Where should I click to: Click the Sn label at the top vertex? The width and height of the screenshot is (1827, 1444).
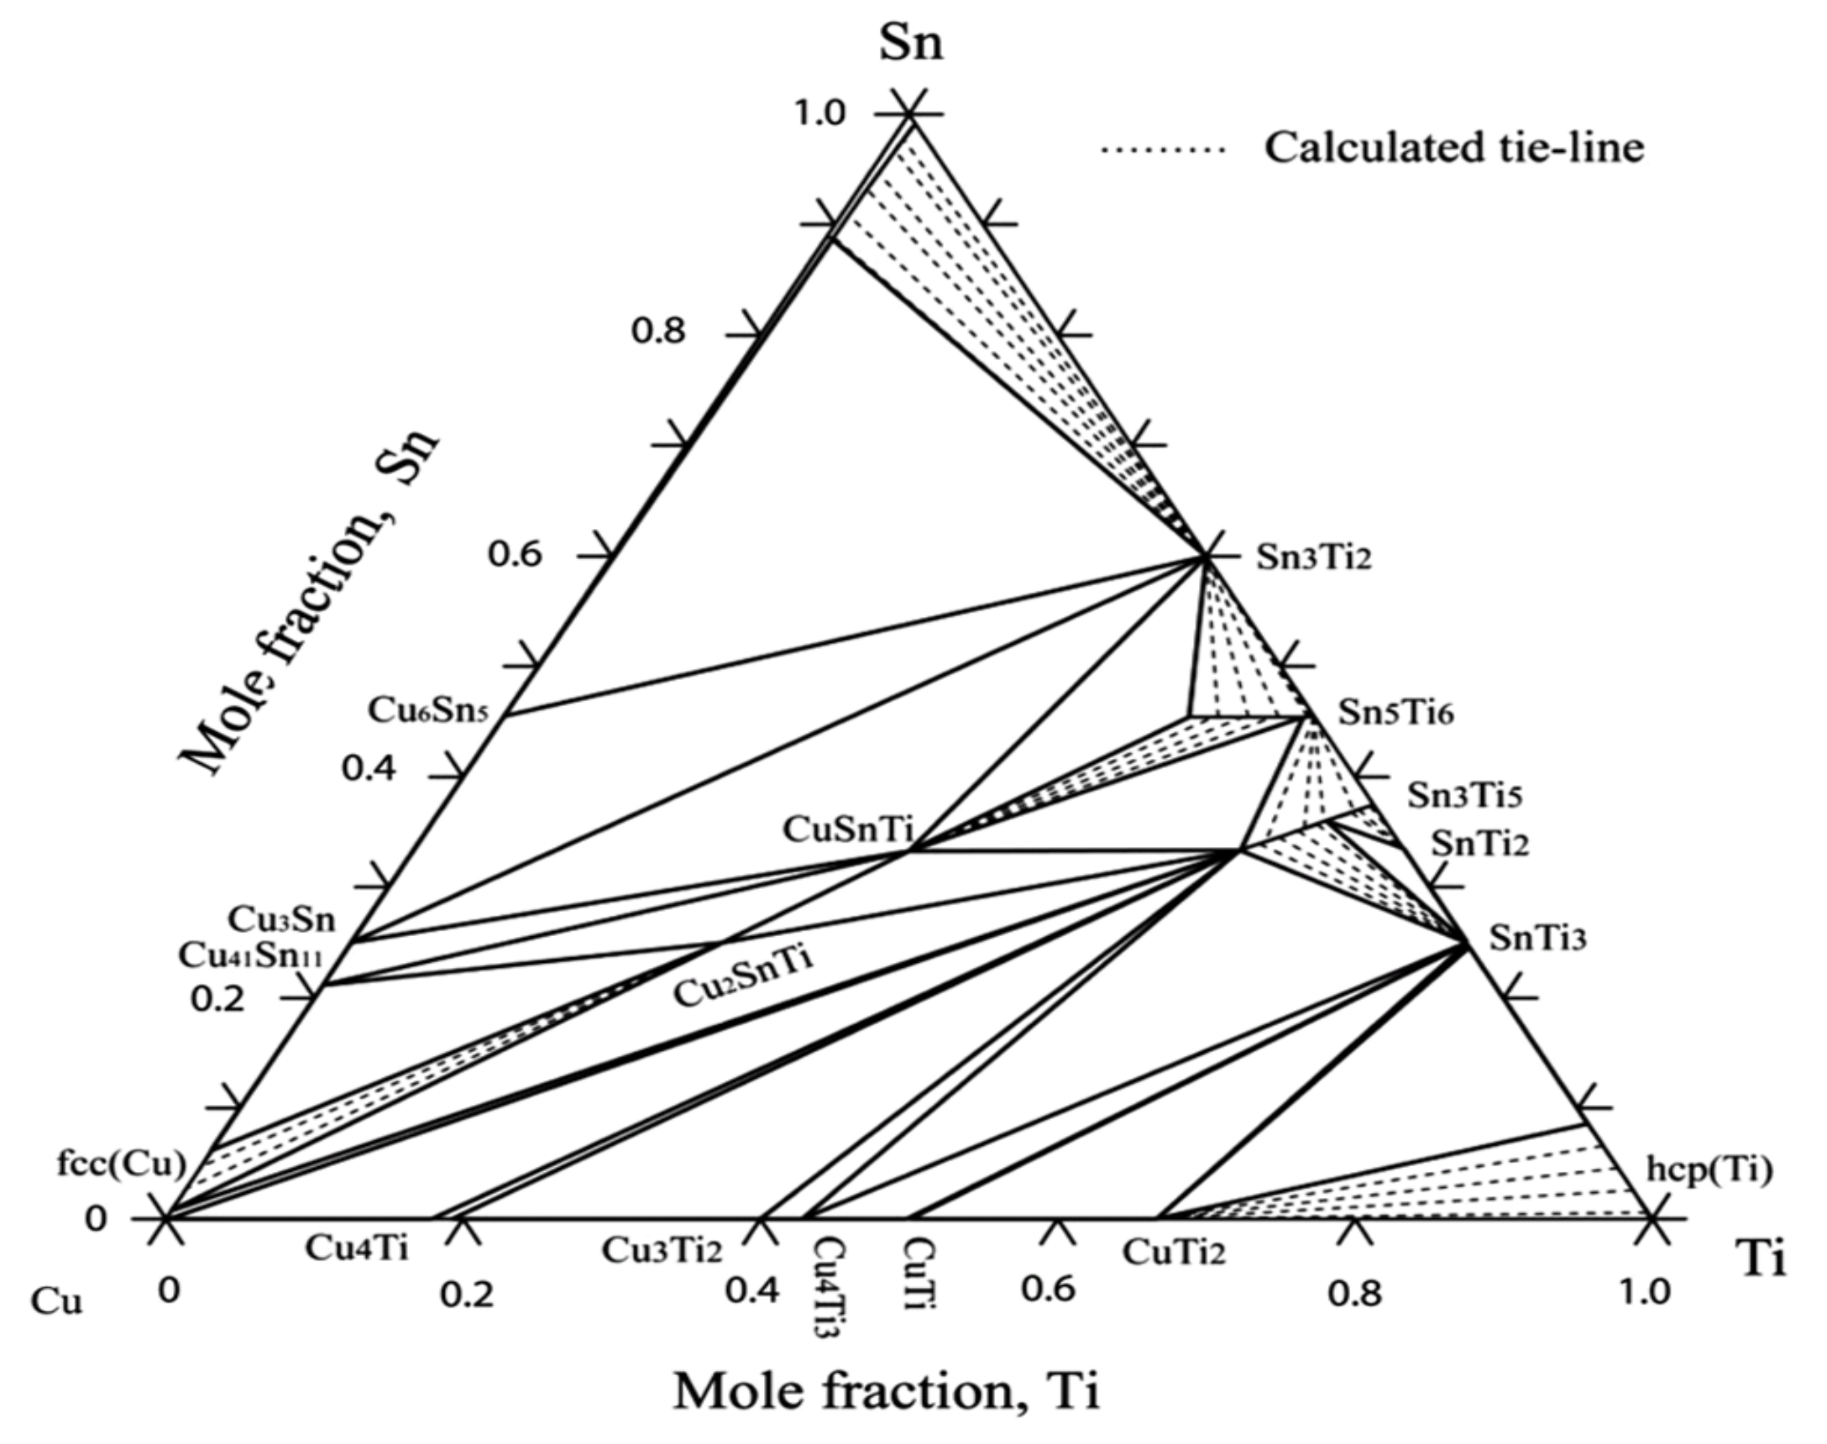(x=910, y=44)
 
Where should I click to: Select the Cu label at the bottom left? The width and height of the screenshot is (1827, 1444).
(x=57, y=1302)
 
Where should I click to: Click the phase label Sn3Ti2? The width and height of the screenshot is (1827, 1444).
(x=1314, y=558)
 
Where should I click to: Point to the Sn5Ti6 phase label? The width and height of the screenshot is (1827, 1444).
(x=1395, y=714)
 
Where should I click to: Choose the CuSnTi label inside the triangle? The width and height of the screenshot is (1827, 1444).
(x=847, y=829)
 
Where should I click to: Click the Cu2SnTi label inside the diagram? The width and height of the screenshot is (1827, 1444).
(x=743, y=979)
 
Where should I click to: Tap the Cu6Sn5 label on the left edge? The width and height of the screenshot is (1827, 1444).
(x=428, y=711)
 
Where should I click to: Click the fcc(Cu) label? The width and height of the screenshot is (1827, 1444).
(x=121, y=1164)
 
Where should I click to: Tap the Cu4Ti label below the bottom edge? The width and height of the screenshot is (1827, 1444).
(x=356, y=1248)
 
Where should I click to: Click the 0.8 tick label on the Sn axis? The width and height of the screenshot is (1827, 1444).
(x=658, y=332)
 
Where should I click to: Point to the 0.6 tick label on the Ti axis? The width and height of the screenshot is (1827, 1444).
(x=1049, y=1290)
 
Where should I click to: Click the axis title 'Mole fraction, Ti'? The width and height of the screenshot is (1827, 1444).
(x=887, y=1391)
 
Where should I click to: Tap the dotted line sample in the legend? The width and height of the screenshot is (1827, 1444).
(x=1162, y=149)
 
